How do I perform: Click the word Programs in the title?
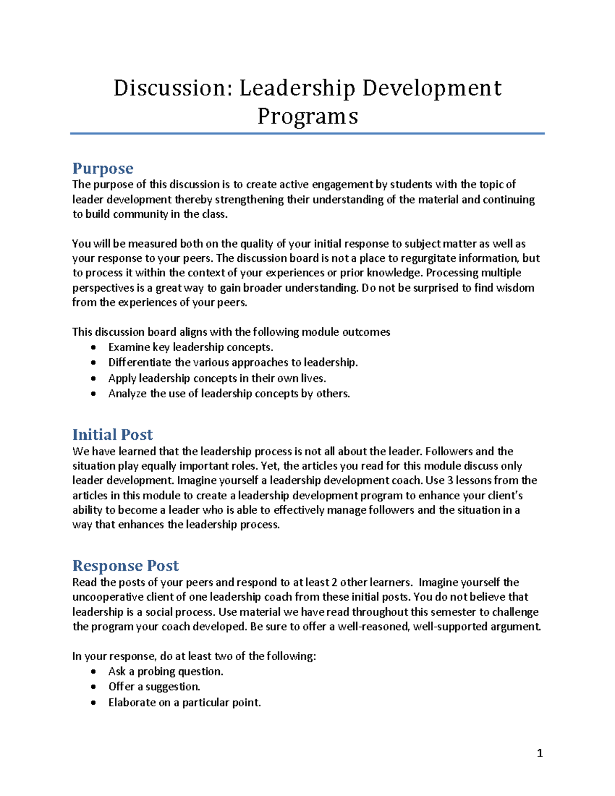(x=307, y=116)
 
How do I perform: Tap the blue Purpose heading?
(x=102, y=168)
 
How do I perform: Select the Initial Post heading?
(x=112, y=435)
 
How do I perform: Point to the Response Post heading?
(x=125, y=565)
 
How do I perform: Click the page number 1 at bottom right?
(x=539, y=753)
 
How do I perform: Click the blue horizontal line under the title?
(x=307, y=134)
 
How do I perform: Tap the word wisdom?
(x=514, y=288)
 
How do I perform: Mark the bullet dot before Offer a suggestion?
(x=93, y=687)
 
